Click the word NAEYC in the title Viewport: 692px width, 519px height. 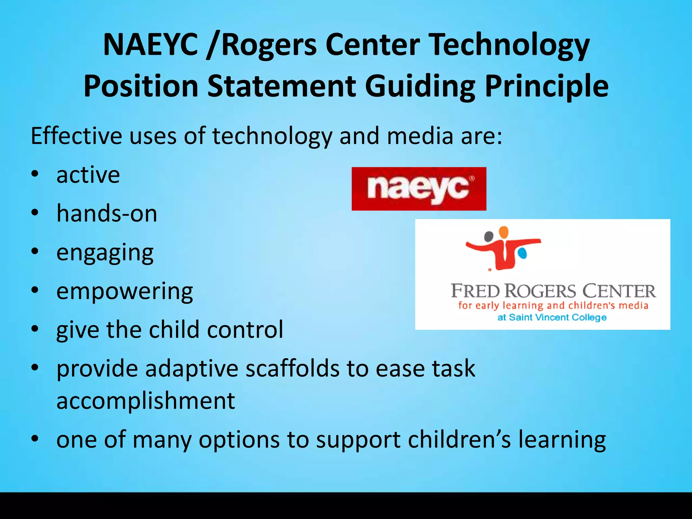(150, 45)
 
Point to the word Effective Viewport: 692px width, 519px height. (76, 136)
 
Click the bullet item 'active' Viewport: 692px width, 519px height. (88, 175)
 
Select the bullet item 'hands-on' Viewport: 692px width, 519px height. (107, 214)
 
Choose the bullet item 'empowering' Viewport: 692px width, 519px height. (125, 292)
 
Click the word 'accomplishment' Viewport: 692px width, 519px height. (146, 401)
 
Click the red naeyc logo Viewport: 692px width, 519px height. (419, 189)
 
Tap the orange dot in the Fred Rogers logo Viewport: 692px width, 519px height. (503, 232)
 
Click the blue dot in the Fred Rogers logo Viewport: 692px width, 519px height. (522, 253)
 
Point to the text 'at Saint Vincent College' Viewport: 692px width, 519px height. (552, 317)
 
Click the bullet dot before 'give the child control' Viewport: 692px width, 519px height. (35, 329)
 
